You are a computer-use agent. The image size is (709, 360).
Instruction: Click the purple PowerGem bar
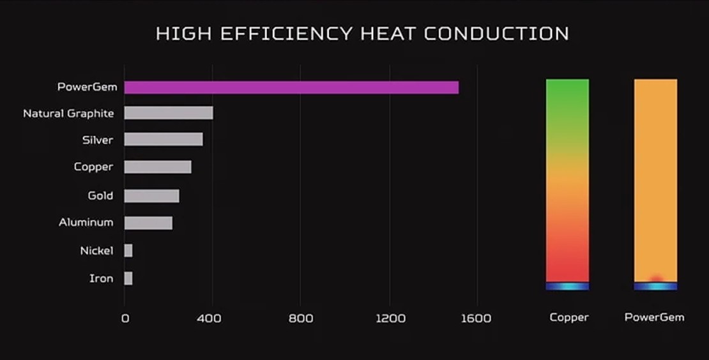pos(291,87)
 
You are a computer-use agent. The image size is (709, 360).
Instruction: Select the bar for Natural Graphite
pos(169,113)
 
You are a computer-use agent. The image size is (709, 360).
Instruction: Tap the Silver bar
pos(164,139)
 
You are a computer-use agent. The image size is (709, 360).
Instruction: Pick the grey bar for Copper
pos(158,167)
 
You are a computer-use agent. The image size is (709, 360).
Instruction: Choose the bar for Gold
pos(151,196)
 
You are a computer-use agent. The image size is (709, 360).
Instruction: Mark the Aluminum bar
pos(148,223)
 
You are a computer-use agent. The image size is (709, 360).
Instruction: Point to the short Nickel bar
pos(128,251)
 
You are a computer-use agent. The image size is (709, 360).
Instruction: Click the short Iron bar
pos(128,278)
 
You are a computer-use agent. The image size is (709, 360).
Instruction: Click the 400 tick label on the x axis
pos(210,318)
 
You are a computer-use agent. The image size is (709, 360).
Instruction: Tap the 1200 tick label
pos(390,318)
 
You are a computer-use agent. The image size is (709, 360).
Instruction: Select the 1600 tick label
pos(476,318)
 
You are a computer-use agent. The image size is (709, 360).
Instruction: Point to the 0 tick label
pos(125,318)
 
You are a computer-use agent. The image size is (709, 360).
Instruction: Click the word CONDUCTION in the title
pos(496,34)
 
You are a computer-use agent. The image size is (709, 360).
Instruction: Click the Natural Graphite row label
pos(68,114)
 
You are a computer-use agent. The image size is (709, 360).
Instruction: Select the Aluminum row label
pos(86,223)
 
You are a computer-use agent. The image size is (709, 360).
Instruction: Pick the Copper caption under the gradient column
pos(568,317)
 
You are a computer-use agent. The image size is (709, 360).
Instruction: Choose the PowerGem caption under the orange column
pos(654,317)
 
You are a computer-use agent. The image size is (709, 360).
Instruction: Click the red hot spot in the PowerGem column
pos(655,278)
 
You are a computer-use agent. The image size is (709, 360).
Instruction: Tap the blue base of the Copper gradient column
pos(567,287)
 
